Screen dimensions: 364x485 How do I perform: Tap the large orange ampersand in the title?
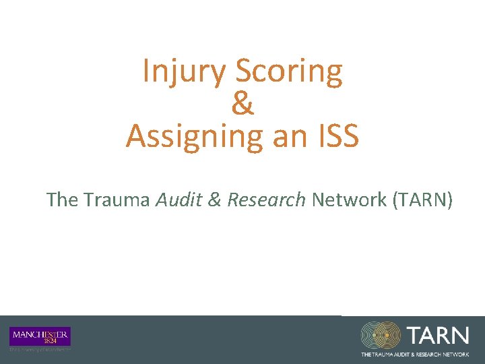[242, 104]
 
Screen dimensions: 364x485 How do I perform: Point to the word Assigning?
[193, 136]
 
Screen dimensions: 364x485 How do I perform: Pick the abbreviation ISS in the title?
[336, 136]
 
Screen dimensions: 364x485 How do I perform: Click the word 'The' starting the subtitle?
[63, 200]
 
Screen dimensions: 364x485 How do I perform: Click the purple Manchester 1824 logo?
[40, 336]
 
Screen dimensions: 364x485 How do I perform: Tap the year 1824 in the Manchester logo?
[40, 341]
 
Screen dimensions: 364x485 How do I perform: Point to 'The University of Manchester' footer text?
[40, 350]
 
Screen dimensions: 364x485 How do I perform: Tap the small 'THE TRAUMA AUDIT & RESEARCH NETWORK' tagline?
[415, 354]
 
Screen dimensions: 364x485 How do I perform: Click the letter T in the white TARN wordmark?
[414, 335]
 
